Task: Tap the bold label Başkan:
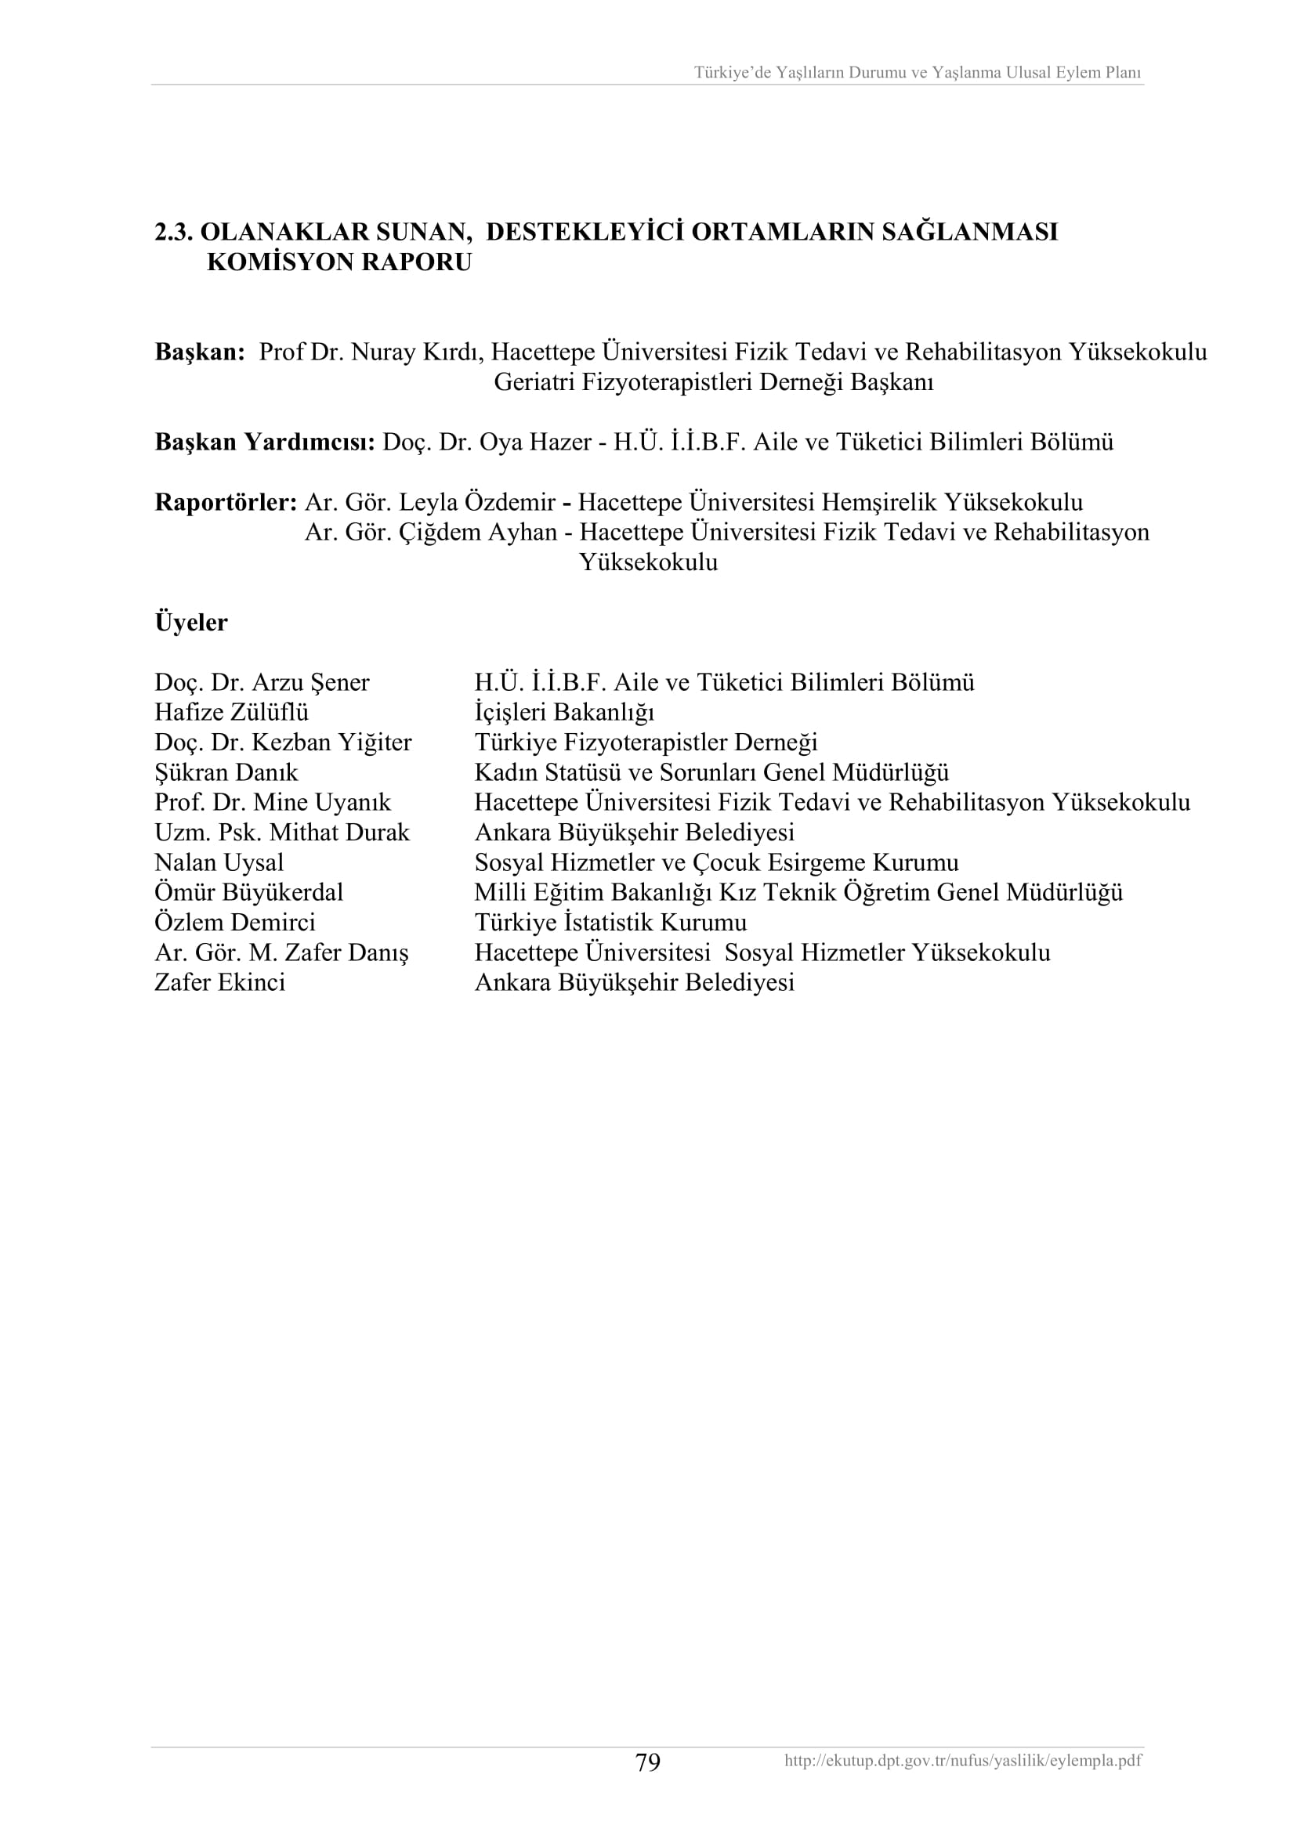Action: pyautogui.click(x=200, y=352)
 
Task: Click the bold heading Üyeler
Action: pyautogui.click(x=190, y=623)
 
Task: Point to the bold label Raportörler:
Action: pyautogui.click(x=226, y=503)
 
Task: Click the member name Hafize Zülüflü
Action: pyautogui.click(x=231, y=712)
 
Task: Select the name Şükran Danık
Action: pyautogui.click(x=226, y=772)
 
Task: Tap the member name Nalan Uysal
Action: pyautogui.click(x=219, y=862)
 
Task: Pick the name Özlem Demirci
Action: pyautogui.click(x=234, y=923)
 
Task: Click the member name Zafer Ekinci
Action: pyautogui.click(x=219, y=982)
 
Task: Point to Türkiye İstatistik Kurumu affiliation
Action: pyautogui.click(x=610, y=923)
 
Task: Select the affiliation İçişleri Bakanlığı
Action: pyautogui.click(x=564, y=712)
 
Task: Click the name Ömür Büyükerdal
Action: pyautogui.click(x=248, y=892)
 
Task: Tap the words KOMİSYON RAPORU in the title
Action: pyautogui.click(x=339, y=262)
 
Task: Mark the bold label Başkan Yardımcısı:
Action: pyautogui.click(x=264, y=442)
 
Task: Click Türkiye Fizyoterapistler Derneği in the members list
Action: pyautogui.click(x=646, y=742)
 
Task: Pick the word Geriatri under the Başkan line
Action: pyautogui.click(x=534, y=382)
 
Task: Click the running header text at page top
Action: pyautogui.click(x=917, y=73)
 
